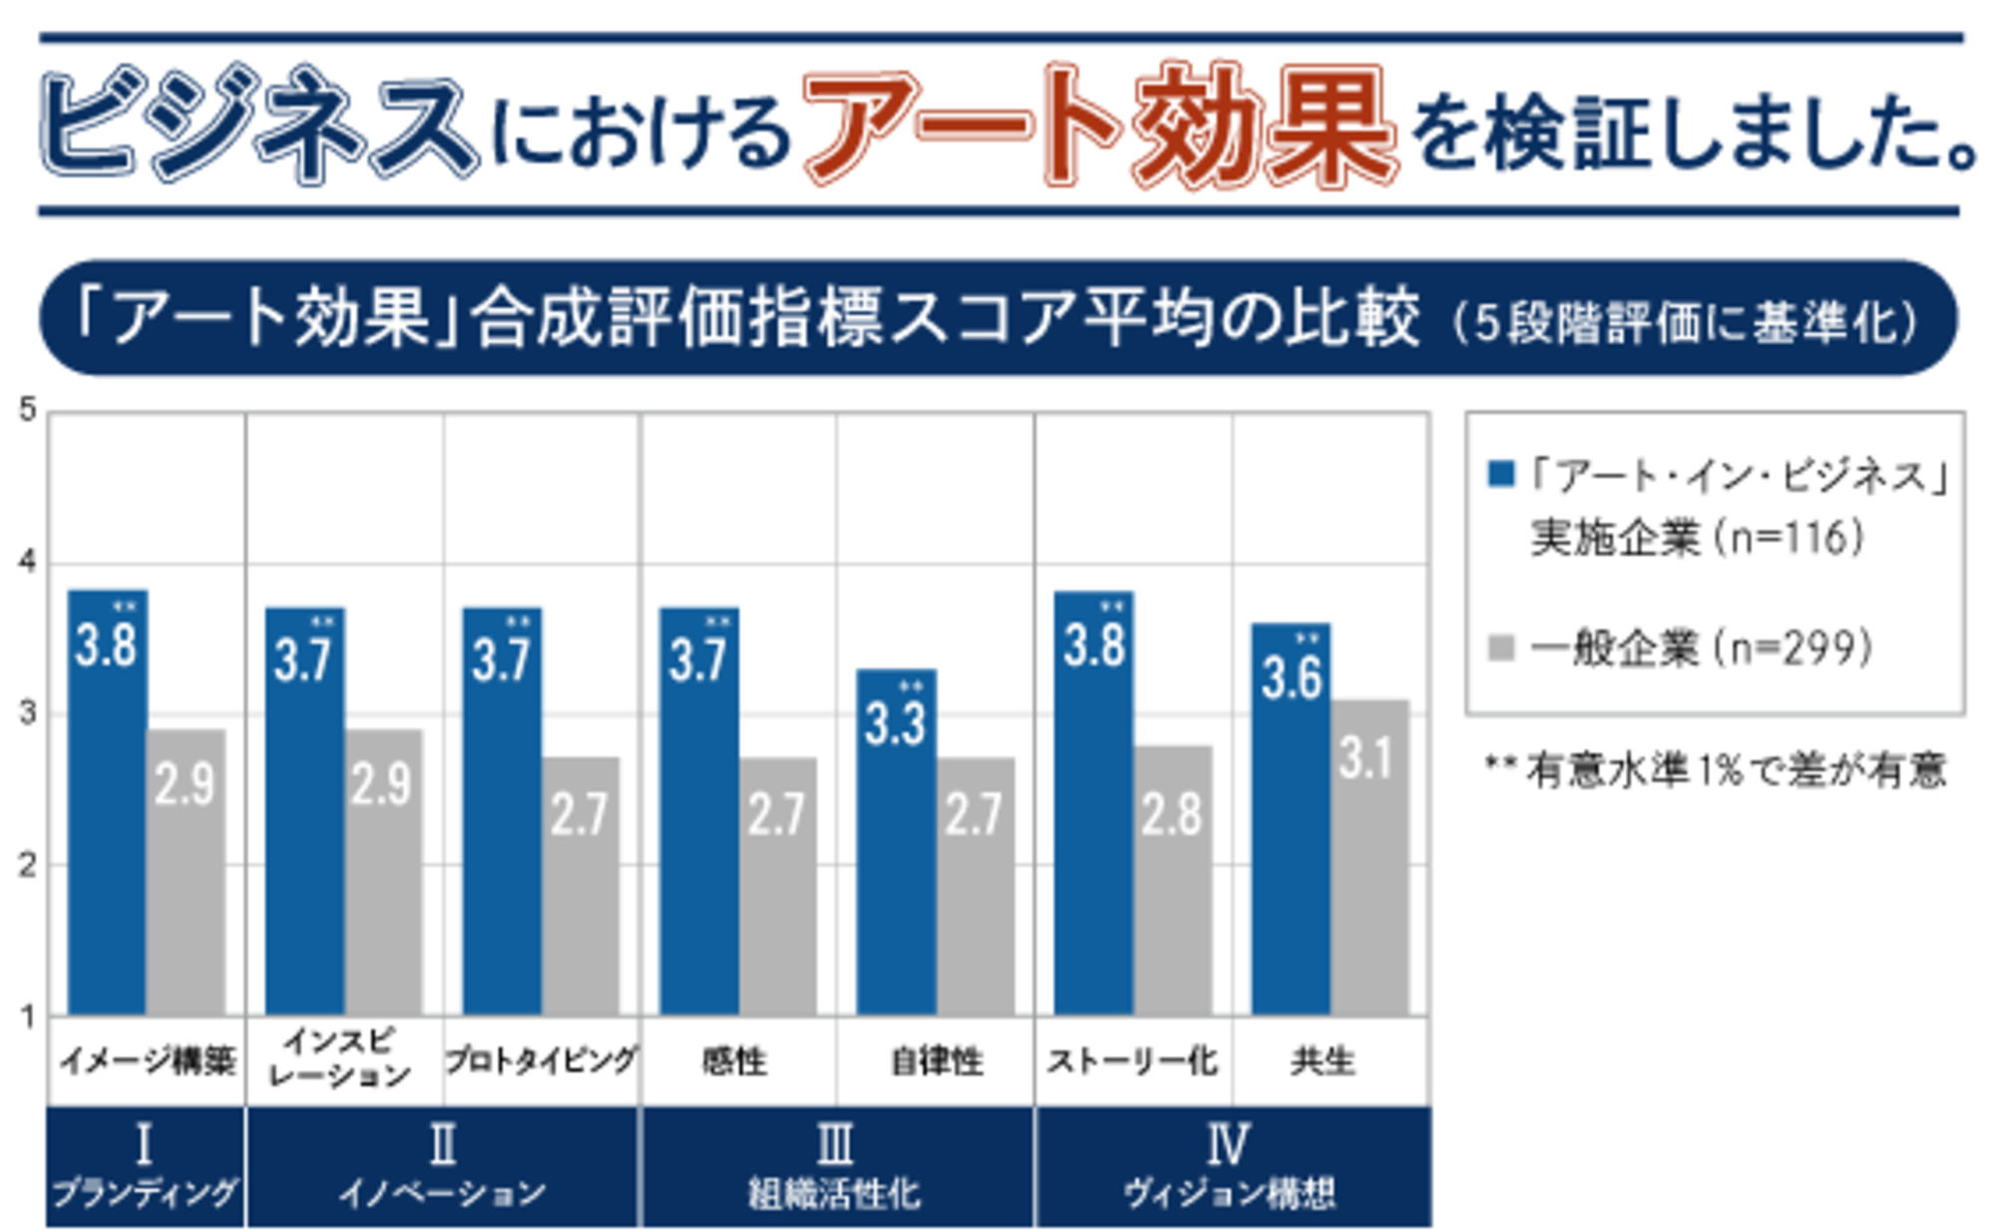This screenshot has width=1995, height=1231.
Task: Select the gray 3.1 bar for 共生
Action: (1370, 858)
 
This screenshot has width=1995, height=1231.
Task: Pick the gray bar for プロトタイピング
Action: (581, 888)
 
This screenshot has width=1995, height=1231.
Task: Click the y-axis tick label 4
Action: (27, 562)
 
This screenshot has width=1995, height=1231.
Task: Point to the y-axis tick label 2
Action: (27, 865)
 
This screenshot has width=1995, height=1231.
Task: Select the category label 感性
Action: (734, 1060)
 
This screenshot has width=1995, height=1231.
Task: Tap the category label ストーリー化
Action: (1132, 1060)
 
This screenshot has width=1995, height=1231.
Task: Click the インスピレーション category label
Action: (340, 1057)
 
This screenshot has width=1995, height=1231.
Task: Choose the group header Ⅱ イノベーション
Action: (442, 1165)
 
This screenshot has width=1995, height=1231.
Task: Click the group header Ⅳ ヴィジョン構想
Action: (1230, 1165)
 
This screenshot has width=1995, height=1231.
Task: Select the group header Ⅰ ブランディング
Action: (145, 1165)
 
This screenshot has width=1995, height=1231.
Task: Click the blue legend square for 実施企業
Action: (1500, 474)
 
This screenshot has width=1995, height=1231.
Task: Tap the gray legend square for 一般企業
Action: (1500, 647)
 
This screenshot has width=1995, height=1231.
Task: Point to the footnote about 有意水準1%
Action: (1716, 770)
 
